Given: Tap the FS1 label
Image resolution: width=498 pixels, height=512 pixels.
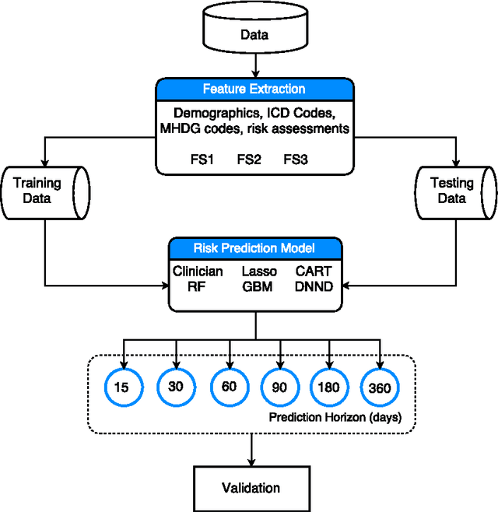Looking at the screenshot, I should pyautogui.click(x=202, y=160).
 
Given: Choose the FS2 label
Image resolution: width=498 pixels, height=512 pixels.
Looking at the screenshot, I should pyautogui.click(x=249, y=160).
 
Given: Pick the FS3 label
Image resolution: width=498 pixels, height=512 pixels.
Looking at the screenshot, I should pyautogui.click(x=296, y=160).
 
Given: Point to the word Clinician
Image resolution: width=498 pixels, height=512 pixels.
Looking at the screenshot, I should pyautogui.click(x=198, y=272).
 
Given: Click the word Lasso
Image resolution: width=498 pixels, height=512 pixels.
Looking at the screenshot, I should pyautogui.click(x=254, y=272).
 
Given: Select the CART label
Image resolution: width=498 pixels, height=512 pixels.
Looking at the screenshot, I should pyautogui.click(x=313, y=272).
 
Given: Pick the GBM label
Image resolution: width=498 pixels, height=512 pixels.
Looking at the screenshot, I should pyautogui.click(x=254, y=286).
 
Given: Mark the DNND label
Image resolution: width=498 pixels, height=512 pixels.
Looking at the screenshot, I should pyautogui.click(x=313, y=286).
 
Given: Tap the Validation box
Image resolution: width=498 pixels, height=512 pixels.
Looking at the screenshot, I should pyautogui.click(x=251, y=488).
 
